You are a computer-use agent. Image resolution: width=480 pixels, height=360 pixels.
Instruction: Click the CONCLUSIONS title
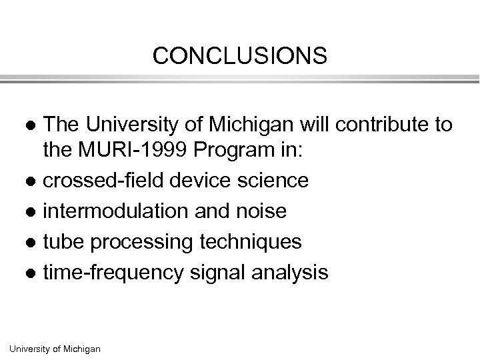239,56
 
